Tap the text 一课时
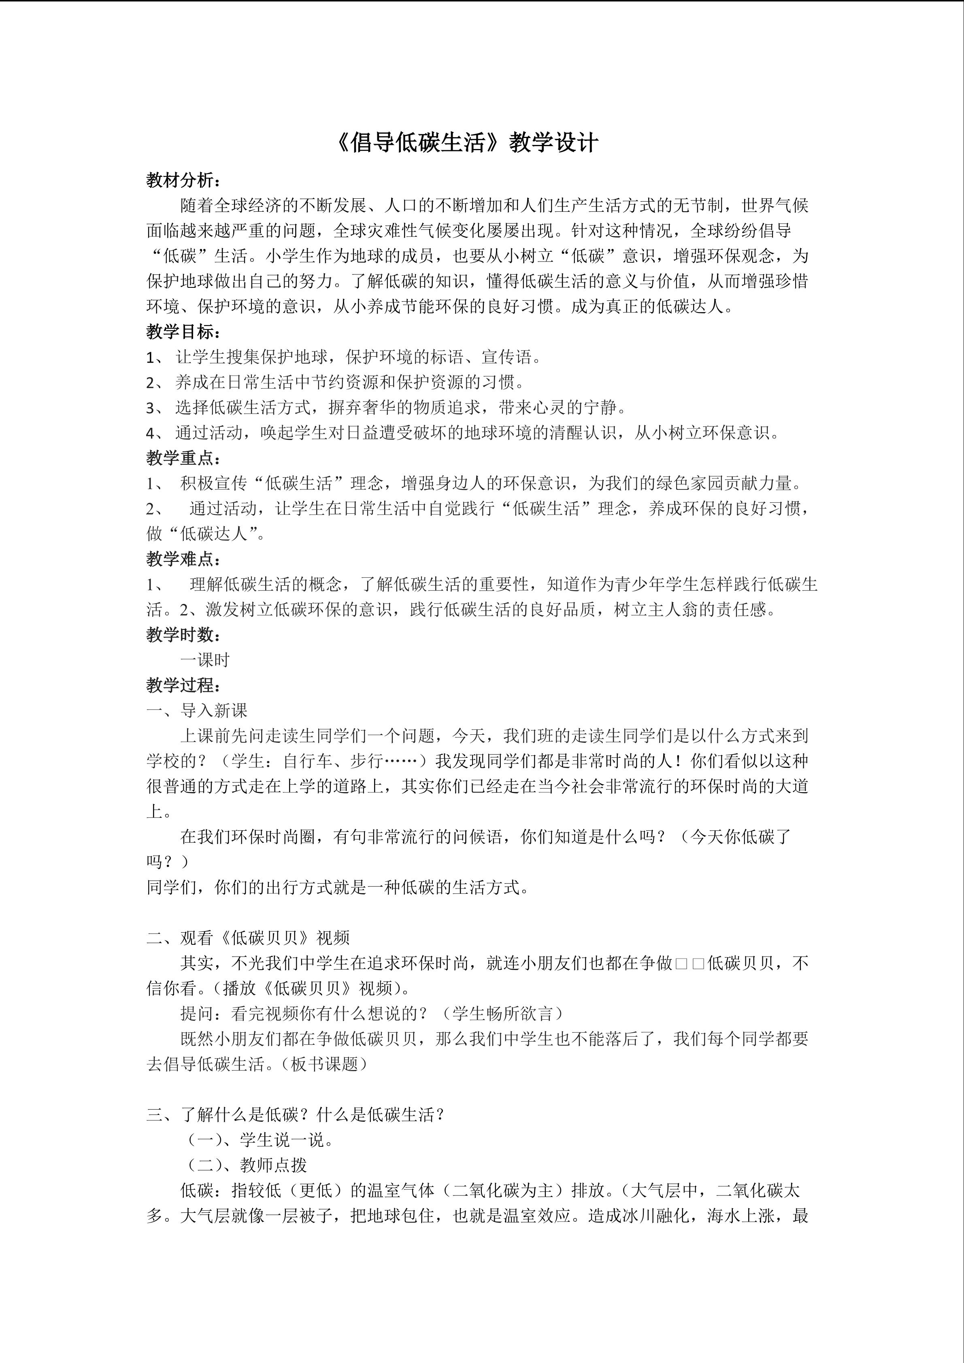coord(205,660)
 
